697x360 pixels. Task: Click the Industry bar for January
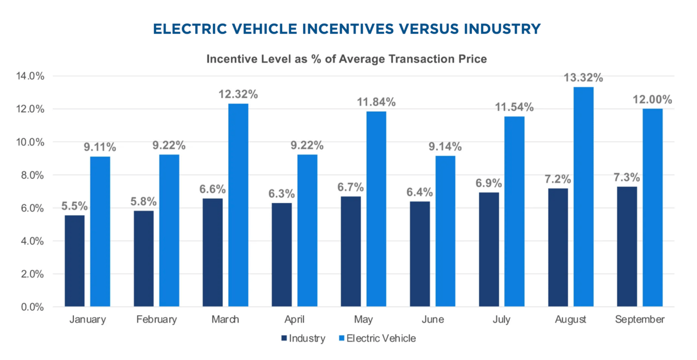coord(74,261)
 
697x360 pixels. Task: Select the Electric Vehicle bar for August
coord(583,197)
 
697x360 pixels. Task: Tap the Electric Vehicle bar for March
coord(238,205)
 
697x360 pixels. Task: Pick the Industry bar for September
coord(627,247)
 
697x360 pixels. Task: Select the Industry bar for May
coord(351,252)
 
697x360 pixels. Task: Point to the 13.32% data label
coord(583,78)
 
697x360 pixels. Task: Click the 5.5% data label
coord(75,206)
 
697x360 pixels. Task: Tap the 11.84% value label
coord(376,102)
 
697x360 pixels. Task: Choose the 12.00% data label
coord(652,100)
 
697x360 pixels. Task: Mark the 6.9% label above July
coord(489,183)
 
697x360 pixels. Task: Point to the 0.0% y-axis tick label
coord(33,307)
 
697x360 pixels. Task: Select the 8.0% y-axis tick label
coord(33,175)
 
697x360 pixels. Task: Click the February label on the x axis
coord(156,320)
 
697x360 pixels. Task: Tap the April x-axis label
coord(295,320)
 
